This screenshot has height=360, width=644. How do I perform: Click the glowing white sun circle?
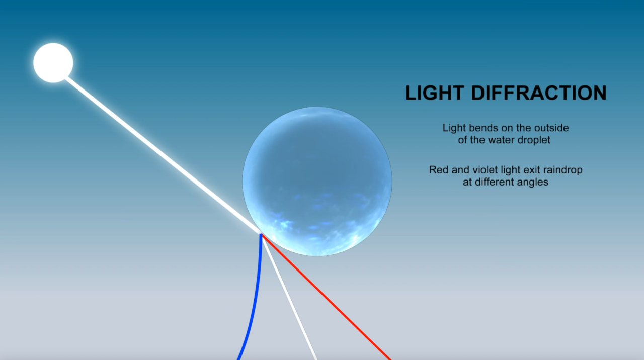click(x=53, y=63)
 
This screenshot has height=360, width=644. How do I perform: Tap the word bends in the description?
click(x=478, y=128)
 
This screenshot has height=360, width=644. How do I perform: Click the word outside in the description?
click(x=552, y=128)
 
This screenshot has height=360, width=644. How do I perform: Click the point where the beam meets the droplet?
click(x=261, y=234)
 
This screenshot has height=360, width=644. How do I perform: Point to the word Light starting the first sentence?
click(x=452, y=128)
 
